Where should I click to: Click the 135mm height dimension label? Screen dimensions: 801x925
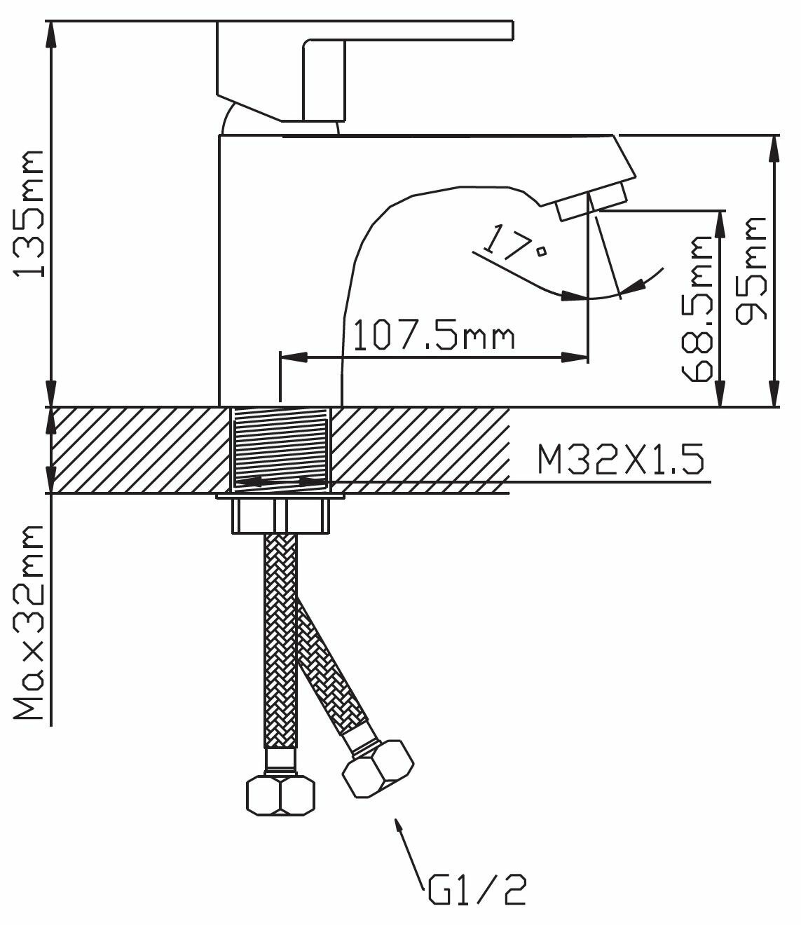click(x=29, y=214)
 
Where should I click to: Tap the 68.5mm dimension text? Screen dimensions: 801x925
click(x=697, y=309)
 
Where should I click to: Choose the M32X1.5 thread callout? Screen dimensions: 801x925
click(x=621, y=459)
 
